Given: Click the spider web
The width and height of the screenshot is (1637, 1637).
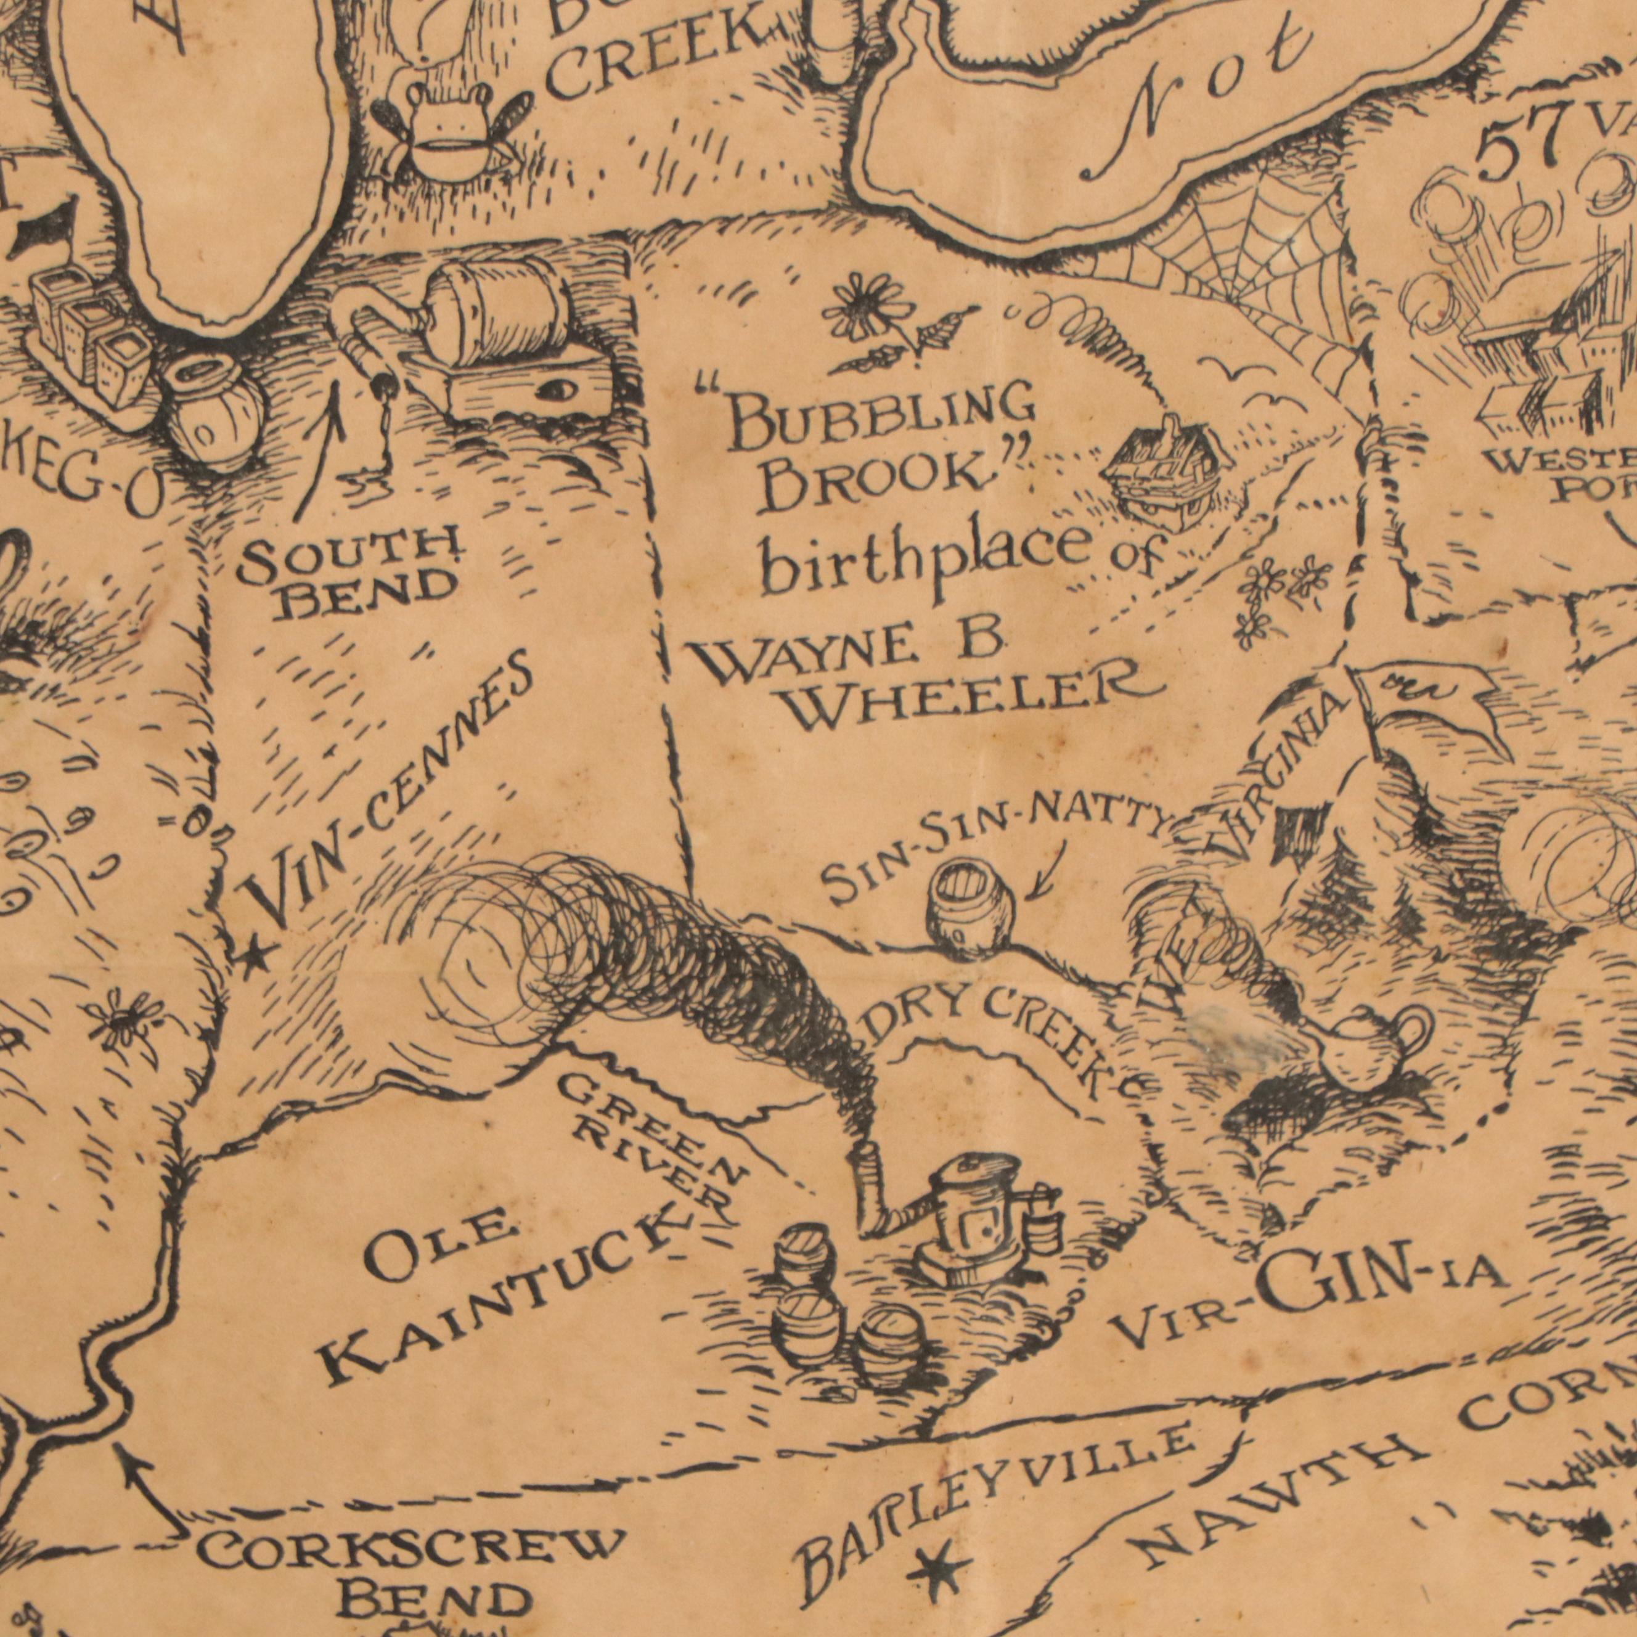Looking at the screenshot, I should tap(1246, 271).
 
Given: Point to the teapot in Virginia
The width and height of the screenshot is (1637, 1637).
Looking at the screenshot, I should tap(1373, 1047).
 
